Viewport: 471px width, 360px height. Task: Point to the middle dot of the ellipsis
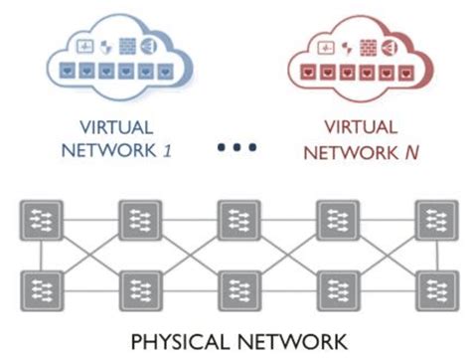pyautogui.click(x=235, y=146)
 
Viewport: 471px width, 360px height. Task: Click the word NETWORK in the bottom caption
pyautogui.click(x=295, y=342)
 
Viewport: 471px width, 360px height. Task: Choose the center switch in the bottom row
pyautogui.click(x=237, y=289)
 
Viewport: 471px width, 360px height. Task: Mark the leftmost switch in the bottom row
pyautogui.click(x=42, y=289)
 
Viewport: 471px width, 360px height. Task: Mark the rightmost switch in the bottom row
pyautogui.click(x=434, y=289)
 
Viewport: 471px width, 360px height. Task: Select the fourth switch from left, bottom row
pyautogui.click(x=336, y=289)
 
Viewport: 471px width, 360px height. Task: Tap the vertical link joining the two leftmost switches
pyautogui.click(x=42, y=256)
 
